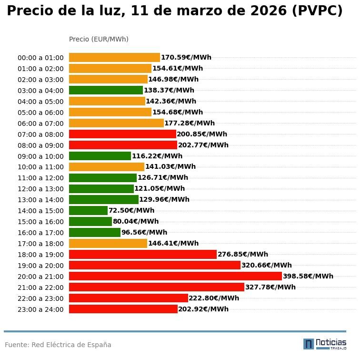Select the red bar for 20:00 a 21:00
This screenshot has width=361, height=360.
(x=175, y=276)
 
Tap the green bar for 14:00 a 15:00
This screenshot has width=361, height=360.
(x=88, y=210)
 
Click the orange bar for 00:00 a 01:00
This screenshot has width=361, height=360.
(x=114, y=57)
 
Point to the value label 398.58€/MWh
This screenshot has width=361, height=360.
(x=308, y=276)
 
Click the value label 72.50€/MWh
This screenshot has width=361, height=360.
(x=131, y=210)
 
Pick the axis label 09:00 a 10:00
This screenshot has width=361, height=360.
(x=40, y=156)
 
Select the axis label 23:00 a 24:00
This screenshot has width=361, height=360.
(x=40, y=309)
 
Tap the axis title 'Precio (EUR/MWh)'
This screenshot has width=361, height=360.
(x=99, y=39)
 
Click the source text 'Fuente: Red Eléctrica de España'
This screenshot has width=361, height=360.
(x=58, y=345)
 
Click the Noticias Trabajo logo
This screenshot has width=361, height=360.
(x=325, y=344)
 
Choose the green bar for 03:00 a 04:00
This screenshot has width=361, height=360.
(x=106, y=90)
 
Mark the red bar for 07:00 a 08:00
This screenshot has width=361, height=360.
(x=122, y=134)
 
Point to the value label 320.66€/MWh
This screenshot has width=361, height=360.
(x=266, y=265)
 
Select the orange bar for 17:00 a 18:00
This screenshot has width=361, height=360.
(x=108, y=243)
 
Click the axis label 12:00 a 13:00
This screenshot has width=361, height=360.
(x=40, y=189)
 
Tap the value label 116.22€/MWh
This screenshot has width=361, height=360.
(x=157, y=156)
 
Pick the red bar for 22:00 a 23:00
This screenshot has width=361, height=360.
(x=128, y=298)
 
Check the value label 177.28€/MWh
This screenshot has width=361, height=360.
(x=189, y=123)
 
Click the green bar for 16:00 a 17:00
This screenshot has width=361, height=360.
(x=94, y=232)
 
